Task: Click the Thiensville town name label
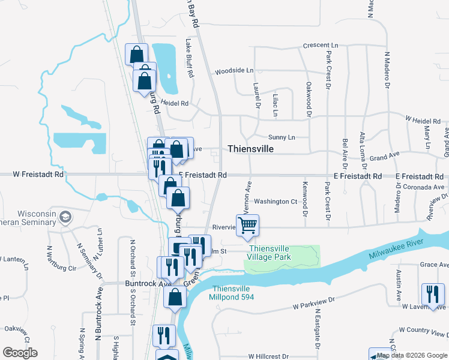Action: click(x=250, y=149)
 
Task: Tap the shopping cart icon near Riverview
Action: click(x=248, y=226)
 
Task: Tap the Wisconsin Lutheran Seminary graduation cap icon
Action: click(x=65, y=217)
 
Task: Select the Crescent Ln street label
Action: click(x=321, y=46)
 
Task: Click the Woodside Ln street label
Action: click(x=231, y=70)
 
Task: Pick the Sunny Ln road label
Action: click(x=282, y=137)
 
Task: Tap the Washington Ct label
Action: click(x=276, y=202)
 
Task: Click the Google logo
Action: click(x=20, y=353)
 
